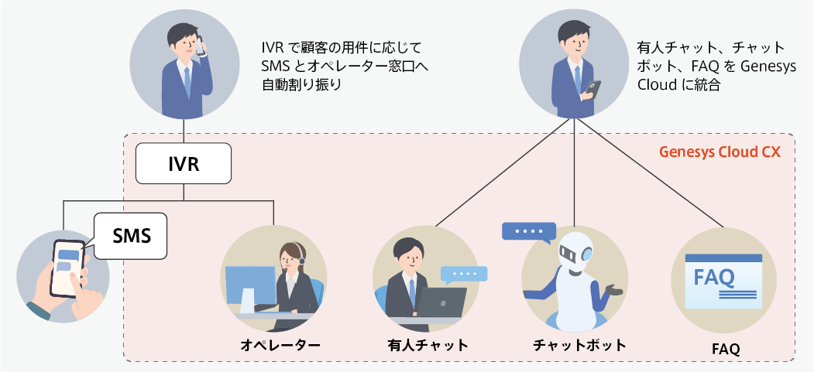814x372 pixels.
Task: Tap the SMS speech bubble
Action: point(131,235)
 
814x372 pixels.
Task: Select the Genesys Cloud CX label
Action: point(720,152)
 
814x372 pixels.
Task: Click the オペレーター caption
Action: point(280,344)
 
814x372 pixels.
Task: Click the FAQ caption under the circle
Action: point(726,349)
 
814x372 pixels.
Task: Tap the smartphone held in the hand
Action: point(67,266)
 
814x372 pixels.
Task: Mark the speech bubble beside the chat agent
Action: point(464,274)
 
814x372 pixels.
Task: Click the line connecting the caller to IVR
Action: point(183,132)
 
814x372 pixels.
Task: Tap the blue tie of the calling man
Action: point(187,81)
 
